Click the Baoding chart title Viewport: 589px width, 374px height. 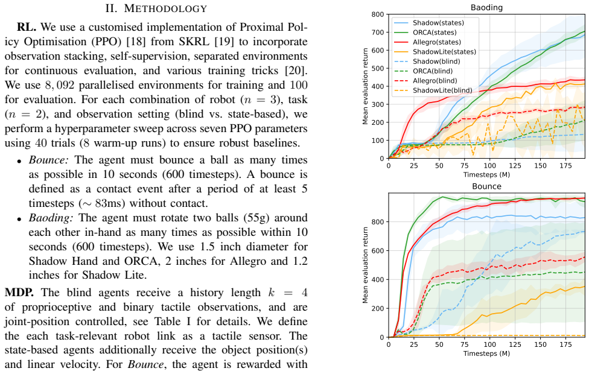pyautogui.click(x=486, y=7)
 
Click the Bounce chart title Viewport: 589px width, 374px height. pyautogui.click(x=486, y=186)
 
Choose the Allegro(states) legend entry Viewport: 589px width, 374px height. pyautogui.click(x=427, y=42)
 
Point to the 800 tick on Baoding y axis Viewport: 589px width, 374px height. pyautogui.click(x=378, y=14)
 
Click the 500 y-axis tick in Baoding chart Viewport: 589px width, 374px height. pyautogui.click(x=378, y=68)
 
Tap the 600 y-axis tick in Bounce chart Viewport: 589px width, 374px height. pyautogui.click(x=378, y=251)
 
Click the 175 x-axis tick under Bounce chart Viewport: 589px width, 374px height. pyautogui.click(x=565, y=344)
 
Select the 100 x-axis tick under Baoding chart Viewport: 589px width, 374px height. pyautogui.click(x=490, y=166)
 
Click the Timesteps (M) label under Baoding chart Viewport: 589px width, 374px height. pyautogui.click(x=486, y=174)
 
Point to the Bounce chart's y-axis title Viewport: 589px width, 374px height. pyautogui.click(x=365, y=265)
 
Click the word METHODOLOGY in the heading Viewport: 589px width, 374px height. pyautogui.click(x=165, y=8)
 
